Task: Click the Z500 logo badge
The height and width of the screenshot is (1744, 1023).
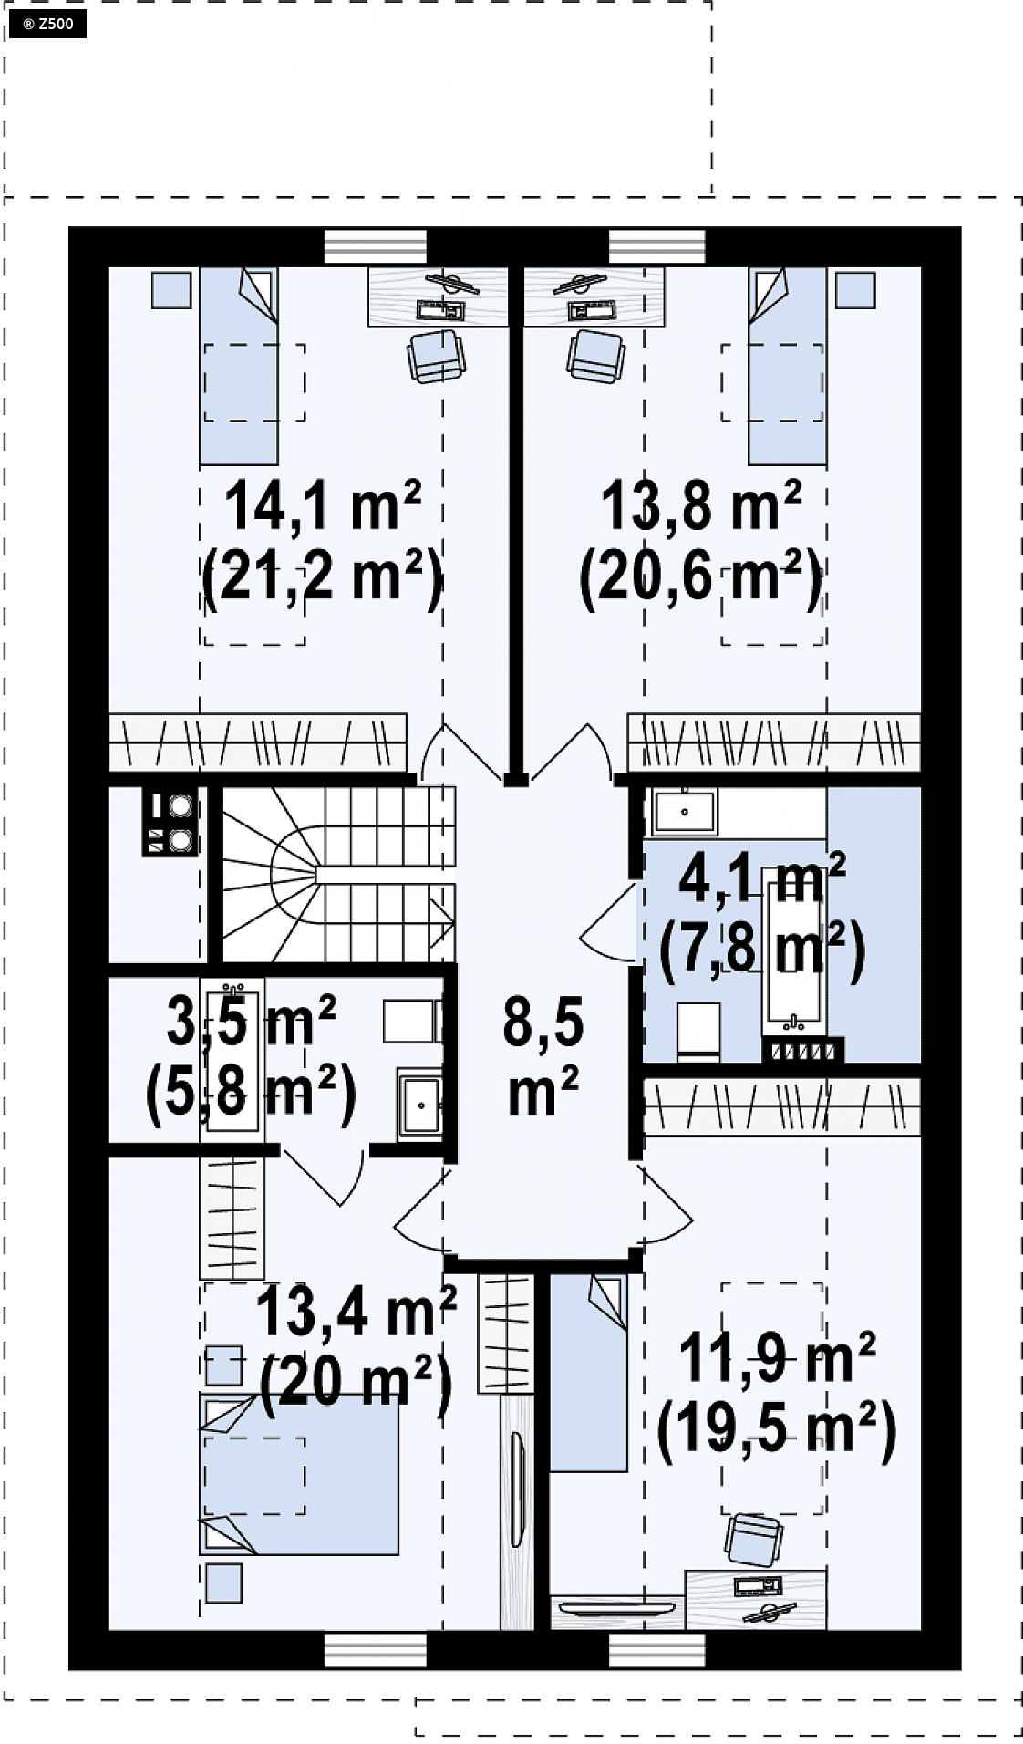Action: [46, 24]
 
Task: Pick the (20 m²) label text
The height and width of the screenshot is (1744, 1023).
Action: [356, 1386]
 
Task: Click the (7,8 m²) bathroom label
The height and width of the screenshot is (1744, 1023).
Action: [762, 950]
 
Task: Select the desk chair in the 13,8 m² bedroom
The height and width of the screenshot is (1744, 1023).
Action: [596, 355]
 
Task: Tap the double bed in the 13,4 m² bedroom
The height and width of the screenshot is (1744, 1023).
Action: [299, 1474]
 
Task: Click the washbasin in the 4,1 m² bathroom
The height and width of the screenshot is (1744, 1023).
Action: [682, 811]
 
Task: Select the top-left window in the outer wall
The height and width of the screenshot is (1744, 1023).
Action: [376, 246]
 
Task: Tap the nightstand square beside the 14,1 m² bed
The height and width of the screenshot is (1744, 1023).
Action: [171, 289]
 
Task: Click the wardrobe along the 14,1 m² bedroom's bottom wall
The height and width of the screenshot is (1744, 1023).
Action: [258, 742]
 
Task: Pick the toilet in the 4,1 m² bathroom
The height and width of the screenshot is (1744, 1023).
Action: [698, 1032]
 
